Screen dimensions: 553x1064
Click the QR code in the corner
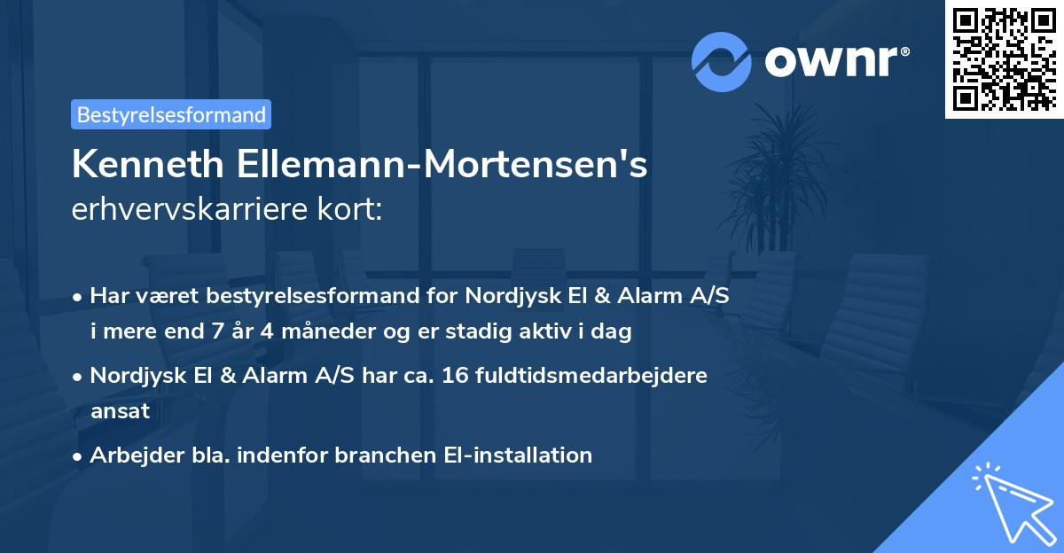[x=1005, y=58]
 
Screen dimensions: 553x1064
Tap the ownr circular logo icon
[x=722, y=61]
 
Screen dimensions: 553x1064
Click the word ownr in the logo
[x=834, y=61]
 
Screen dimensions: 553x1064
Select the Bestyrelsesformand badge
[x=171, y=114]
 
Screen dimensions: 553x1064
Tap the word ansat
[x=120, y=411]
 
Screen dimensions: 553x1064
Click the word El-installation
[x=518, y=456]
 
